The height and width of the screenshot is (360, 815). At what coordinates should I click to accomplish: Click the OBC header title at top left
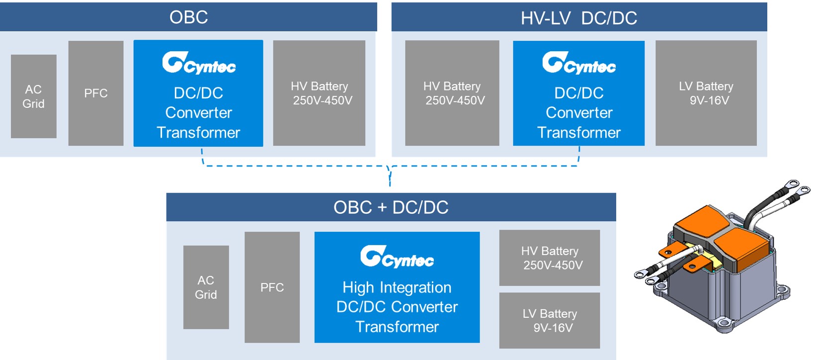point(188,17)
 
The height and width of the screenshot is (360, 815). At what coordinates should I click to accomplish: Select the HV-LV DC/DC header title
point(579,18)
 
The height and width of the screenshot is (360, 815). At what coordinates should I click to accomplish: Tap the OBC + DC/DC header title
point(391,207)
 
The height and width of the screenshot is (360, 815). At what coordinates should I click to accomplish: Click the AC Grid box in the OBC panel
point(33,96)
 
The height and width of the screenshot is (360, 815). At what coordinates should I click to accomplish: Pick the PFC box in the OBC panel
point(96,93)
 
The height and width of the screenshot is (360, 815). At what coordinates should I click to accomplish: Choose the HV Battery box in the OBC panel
point(319,93)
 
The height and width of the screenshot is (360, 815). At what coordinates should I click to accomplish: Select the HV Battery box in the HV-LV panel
point(452,93)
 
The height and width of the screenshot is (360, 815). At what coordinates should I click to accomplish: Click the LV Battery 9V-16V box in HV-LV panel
point(706,93)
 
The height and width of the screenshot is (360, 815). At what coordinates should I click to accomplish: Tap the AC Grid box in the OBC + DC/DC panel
point(206,287)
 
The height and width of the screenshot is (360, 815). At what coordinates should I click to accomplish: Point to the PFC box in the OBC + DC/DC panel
point(272,287)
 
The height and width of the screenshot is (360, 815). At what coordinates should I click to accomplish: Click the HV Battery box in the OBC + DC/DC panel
point(550,258)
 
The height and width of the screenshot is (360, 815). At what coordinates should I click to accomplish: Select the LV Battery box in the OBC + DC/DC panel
point(550,320)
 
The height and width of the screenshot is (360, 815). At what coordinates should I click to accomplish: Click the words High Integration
point(397,287)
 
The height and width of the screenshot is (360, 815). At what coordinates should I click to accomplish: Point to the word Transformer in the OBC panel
point(198,132)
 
